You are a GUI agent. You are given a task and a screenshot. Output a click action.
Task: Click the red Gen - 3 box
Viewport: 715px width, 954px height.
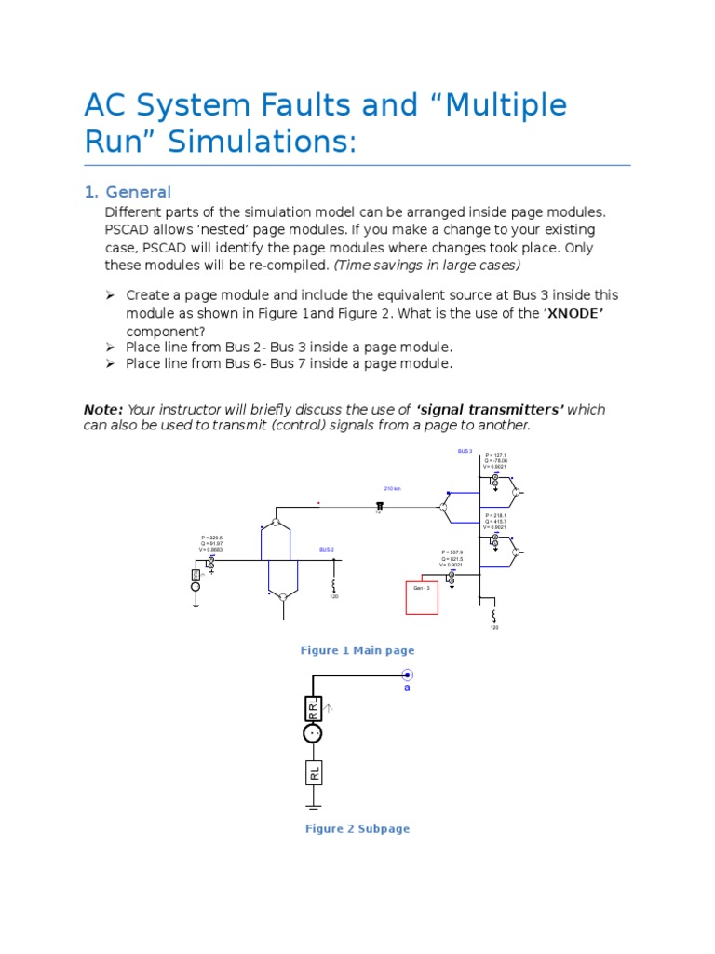point(422,597)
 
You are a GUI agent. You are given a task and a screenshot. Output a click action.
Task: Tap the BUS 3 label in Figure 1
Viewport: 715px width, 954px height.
point(465,451)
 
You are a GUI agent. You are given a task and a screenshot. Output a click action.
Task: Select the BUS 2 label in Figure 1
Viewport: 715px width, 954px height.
point(326,550)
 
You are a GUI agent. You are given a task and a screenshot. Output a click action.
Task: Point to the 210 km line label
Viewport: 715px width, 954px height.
point(392,488)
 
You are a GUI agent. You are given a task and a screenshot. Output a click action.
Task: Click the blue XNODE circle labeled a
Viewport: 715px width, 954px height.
point(406,675)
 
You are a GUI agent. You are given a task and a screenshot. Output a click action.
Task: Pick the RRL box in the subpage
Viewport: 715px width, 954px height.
point(314,709)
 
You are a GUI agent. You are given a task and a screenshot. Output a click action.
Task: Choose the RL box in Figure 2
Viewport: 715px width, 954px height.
point(315,772)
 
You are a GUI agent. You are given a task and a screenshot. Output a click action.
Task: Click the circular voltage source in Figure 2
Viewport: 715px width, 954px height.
point(314,733)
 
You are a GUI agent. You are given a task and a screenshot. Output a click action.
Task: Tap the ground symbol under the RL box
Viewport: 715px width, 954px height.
point(315,803)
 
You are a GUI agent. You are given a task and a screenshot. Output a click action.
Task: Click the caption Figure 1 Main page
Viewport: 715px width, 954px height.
point(357,650)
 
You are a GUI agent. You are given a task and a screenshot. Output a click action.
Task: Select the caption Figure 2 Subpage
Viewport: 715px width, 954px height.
point(357,828)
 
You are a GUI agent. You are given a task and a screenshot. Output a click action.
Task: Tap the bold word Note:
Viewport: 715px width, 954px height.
point(102,409)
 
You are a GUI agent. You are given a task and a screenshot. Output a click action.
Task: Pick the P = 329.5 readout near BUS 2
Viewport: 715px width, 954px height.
point(211,538)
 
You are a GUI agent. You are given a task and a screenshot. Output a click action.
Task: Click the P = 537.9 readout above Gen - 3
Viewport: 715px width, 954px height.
point(452,552)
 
